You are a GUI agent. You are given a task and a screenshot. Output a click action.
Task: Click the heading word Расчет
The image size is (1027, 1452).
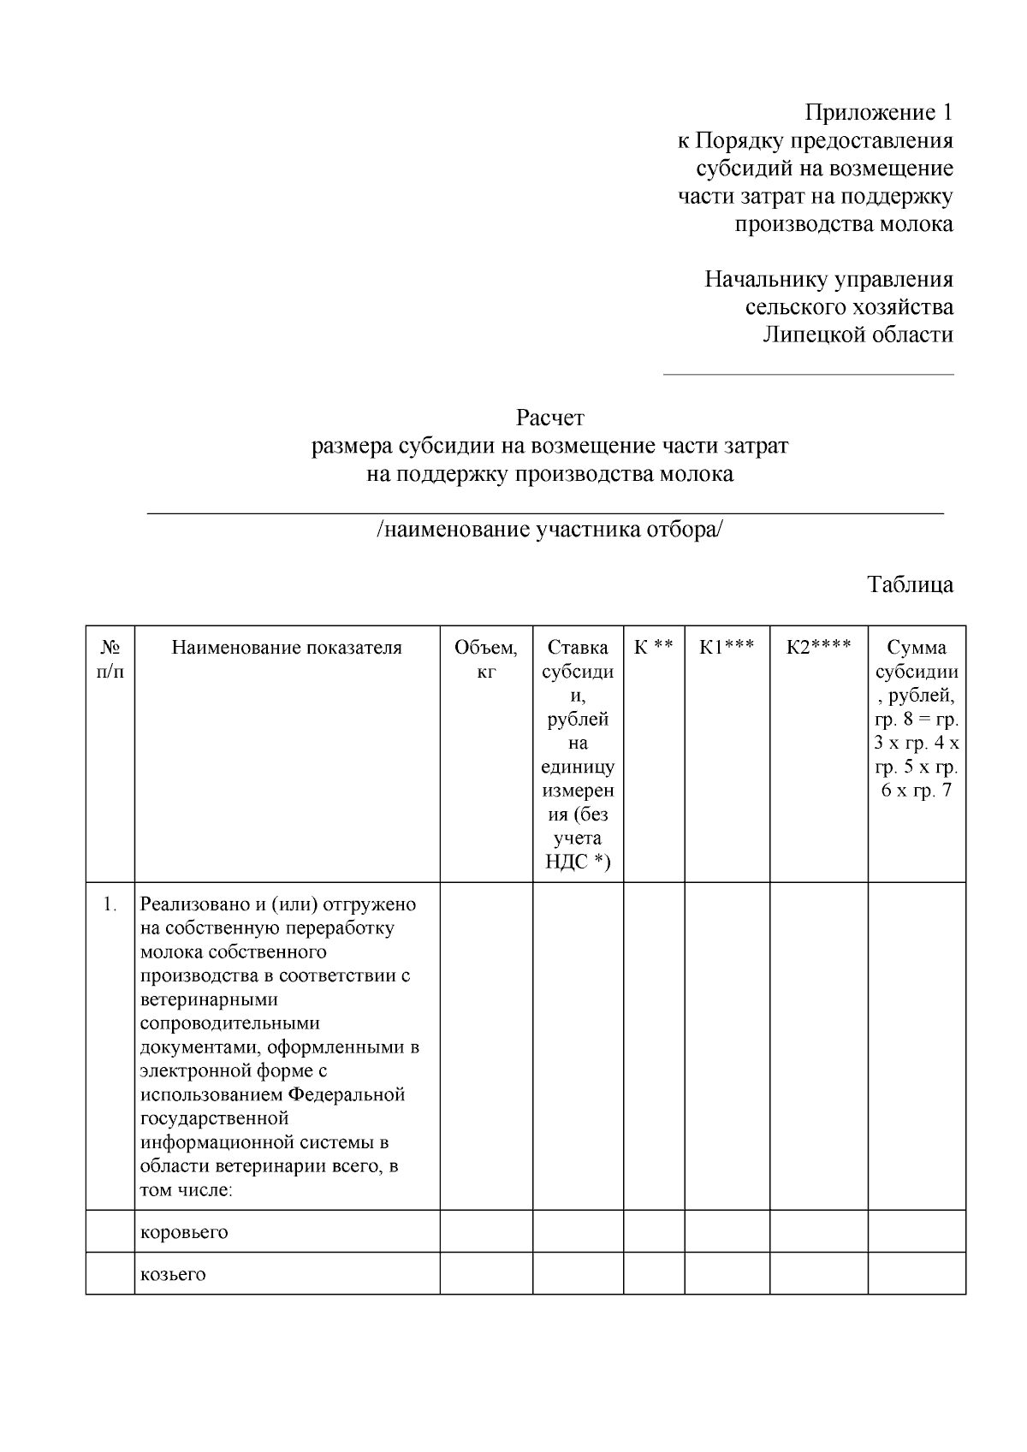pyautogui.click(x=549, y=418)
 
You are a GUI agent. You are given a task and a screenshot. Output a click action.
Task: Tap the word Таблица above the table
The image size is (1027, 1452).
pyautogui.click(x=910, y=585)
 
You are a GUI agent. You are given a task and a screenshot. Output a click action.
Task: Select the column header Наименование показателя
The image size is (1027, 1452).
pyautogui.click(x=287, y=648)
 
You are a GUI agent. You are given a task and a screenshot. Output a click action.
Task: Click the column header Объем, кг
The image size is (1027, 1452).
pyautogui.click(x=486, y=660)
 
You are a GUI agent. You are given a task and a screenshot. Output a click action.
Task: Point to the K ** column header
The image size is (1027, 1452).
pyautogui.click(x=654, y=648)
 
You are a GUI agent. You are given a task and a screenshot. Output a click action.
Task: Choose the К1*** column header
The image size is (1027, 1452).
pyautogui.click(x=727, y=648)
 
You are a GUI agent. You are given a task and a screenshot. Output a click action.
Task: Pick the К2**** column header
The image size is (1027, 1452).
pyautogui.click(x=819, y=648)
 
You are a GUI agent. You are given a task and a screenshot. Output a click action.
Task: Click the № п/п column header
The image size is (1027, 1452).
pyautogui.click(x=110, y=660)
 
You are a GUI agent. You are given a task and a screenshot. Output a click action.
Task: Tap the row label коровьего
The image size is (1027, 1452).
pyautogui.click(x=184, y=1232)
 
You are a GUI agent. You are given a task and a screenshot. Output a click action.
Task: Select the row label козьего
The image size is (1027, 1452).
pyautogui.click(x=173, y=1274)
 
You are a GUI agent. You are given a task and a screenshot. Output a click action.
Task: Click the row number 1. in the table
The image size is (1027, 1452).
pyautogui.click(x=110, y=904)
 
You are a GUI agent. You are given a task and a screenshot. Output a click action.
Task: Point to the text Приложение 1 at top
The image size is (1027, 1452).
pyautogui.click(x=878, y=112)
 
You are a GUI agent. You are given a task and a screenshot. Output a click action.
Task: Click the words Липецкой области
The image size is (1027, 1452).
pyautogui.click(x=858, y=335)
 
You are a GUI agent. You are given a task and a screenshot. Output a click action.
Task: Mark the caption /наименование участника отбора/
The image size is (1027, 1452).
pyautogui.click(x=549, y=530)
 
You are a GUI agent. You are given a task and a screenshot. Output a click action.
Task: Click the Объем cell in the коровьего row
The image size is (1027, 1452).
pyautogui.click(x=486, y=1232)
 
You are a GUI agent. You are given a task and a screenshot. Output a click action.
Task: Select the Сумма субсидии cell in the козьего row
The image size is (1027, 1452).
pyautogui.click(x=917, y=1274)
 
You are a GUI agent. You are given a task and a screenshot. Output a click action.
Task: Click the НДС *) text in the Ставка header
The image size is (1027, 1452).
pyautogui.click(x=578, y=862)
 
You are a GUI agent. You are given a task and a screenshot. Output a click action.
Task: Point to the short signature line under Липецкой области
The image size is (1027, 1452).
pyautogui.click(x=808, y=374)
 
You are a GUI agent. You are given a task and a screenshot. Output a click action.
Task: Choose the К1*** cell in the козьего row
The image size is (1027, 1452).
pyautogui.click(x=727, y=1274)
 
